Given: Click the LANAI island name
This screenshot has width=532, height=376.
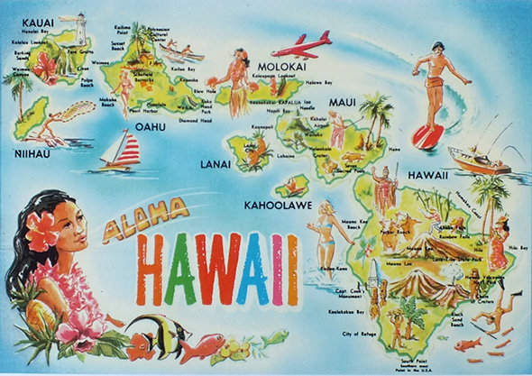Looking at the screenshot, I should (x=214, y=165).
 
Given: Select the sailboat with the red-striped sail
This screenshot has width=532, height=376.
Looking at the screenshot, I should (x=124, y=150).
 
